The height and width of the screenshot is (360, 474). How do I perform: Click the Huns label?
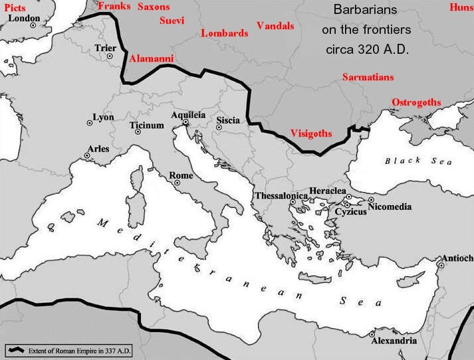click(x=461, y=7)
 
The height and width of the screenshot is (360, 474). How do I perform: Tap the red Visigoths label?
click(x=311, y=134)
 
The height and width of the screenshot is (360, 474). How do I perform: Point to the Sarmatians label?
click(x=368, y=77)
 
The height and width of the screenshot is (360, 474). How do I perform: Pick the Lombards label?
click(x=224, y=33)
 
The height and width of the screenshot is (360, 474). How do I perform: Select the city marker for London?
click(x=33, y=25)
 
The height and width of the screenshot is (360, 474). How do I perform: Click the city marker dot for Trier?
click(x=110, y=56)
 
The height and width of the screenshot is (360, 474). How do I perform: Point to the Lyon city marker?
click(x=89, y=122)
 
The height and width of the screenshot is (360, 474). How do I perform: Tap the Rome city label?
click(x=181, y=175)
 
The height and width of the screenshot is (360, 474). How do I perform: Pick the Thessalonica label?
click(x=281, y=196)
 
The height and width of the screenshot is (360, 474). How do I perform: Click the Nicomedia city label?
click(x=399, y=206)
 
